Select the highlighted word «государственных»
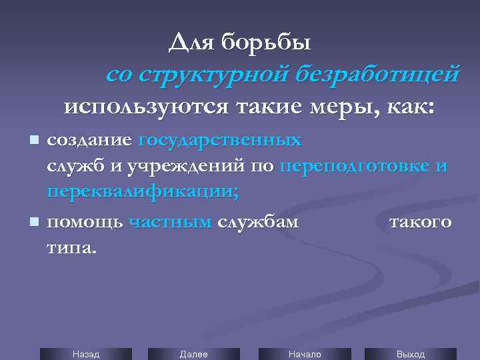219,141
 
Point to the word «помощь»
85,222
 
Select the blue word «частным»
170,222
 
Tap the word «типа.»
71,247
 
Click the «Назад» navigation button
85,354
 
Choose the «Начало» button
304,354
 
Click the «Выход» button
410,354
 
